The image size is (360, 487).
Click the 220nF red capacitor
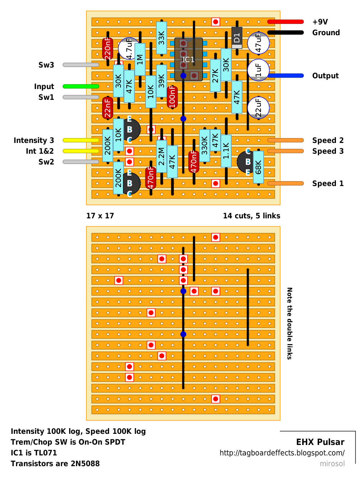tap(107, 48)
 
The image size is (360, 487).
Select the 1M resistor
tap(140, 59)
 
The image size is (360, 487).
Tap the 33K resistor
tap(162, 38)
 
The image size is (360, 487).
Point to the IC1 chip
tap(188, 59)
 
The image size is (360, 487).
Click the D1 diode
tap(237, 38)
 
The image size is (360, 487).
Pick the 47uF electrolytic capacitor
tap(258, 43)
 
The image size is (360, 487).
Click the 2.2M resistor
tap(162, 156)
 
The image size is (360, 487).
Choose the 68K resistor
tap(258, 167)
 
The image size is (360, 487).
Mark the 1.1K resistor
tap(226, 151)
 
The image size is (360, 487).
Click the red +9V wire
tap(285, 22)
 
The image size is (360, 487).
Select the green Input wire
tap(81, 86)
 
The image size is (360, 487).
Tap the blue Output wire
tap(285, 76)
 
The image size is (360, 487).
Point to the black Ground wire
tap(285, 33)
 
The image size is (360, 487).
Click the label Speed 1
tap(328, 184)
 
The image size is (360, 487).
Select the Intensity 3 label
tap(34, 140)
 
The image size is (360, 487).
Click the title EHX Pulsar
tap(320, 442)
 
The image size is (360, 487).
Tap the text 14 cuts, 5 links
tap(251, 216)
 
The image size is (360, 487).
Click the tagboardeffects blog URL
tap(282, 453)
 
